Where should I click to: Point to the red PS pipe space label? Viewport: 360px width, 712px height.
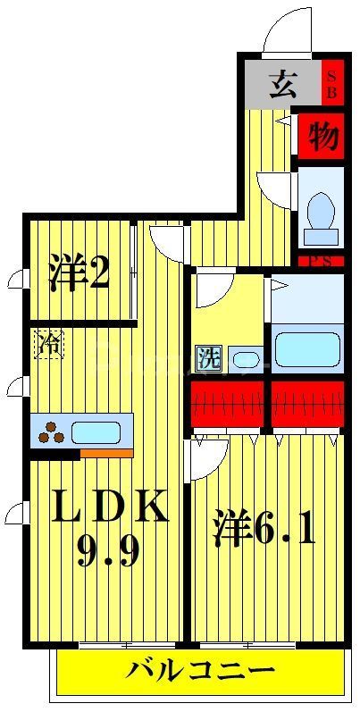pos(320,261)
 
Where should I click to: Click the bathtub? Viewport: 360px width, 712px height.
pos(306,348)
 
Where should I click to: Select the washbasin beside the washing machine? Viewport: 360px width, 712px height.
pos(245,360)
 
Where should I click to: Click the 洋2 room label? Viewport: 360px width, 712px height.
pos(79,272)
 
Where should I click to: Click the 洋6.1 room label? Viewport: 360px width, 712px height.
pos(264,531)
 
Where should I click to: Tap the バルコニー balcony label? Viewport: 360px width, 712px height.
pos(200,670)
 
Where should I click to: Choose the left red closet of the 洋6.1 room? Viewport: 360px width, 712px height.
pos(227,405)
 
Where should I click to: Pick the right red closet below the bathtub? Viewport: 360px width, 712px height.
pos(306,405)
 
